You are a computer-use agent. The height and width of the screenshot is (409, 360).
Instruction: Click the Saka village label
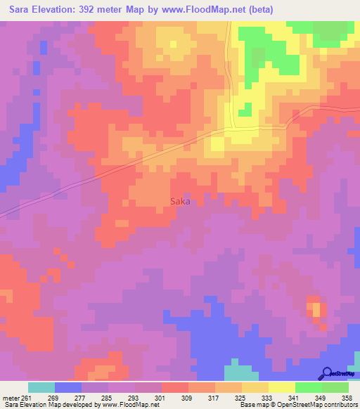pos(181,201)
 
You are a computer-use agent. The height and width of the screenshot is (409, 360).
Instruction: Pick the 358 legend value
pos(347,397)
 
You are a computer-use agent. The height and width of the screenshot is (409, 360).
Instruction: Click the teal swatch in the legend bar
pos(41,387)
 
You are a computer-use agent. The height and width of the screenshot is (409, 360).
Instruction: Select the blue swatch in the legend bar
pos(68,387)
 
